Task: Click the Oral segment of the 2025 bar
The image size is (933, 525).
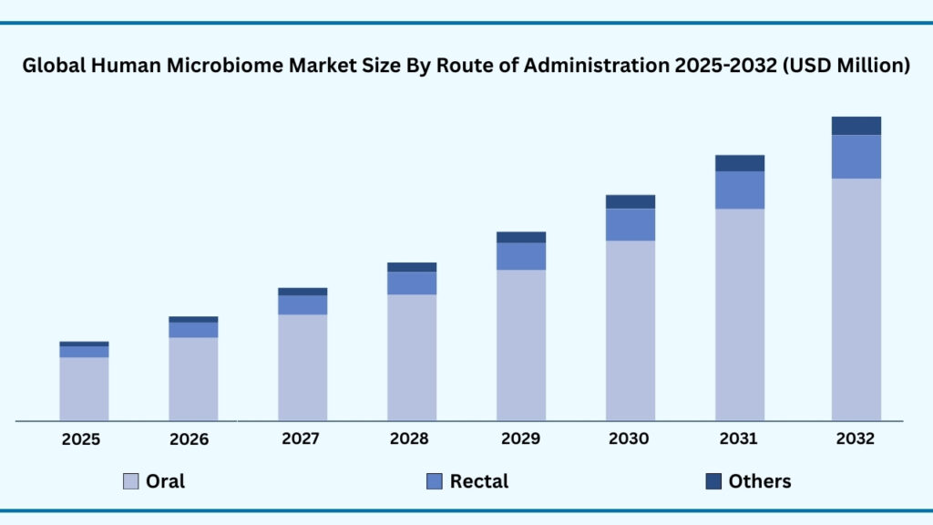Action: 84,388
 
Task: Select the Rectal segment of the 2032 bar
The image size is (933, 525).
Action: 856,157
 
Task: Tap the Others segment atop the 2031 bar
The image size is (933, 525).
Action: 739,163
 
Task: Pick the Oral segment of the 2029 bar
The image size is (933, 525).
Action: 521,345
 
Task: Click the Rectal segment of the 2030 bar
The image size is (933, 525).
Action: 630,224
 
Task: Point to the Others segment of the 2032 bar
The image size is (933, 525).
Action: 856,126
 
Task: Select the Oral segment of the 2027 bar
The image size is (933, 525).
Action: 302,367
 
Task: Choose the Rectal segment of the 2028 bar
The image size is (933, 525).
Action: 412,283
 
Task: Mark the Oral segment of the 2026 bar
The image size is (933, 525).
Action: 193,378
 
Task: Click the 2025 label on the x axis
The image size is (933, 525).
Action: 81,439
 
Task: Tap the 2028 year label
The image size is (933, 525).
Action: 409,439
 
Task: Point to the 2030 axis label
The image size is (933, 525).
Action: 629,439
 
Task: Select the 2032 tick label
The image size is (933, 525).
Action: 855,439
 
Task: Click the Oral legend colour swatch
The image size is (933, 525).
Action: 131,481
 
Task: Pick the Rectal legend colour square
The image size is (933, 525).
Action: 435,481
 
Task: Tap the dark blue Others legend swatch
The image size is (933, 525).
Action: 713,481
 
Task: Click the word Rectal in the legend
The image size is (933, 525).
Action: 479,481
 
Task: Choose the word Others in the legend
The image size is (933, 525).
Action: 760,481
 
